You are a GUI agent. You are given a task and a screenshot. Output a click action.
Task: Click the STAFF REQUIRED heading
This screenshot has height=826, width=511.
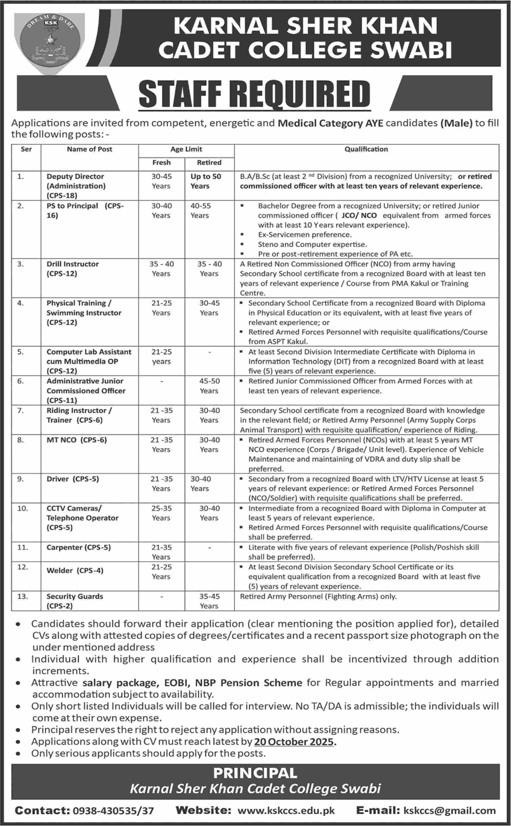point(254,94)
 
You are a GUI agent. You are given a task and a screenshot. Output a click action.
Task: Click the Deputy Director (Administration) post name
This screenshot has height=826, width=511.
point(76,186)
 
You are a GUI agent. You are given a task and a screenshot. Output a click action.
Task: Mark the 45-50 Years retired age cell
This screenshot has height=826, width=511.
point(209,386)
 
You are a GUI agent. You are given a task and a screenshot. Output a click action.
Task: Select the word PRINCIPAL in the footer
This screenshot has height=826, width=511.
point(255,773)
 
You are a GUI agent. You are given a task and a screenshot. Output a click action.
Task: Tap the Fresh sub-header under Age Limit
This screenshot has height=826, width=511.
point(161,162)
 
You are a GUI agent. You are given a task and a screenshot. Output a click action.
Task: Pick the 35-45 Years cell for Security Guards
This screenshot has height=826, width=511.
point(209,601)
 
